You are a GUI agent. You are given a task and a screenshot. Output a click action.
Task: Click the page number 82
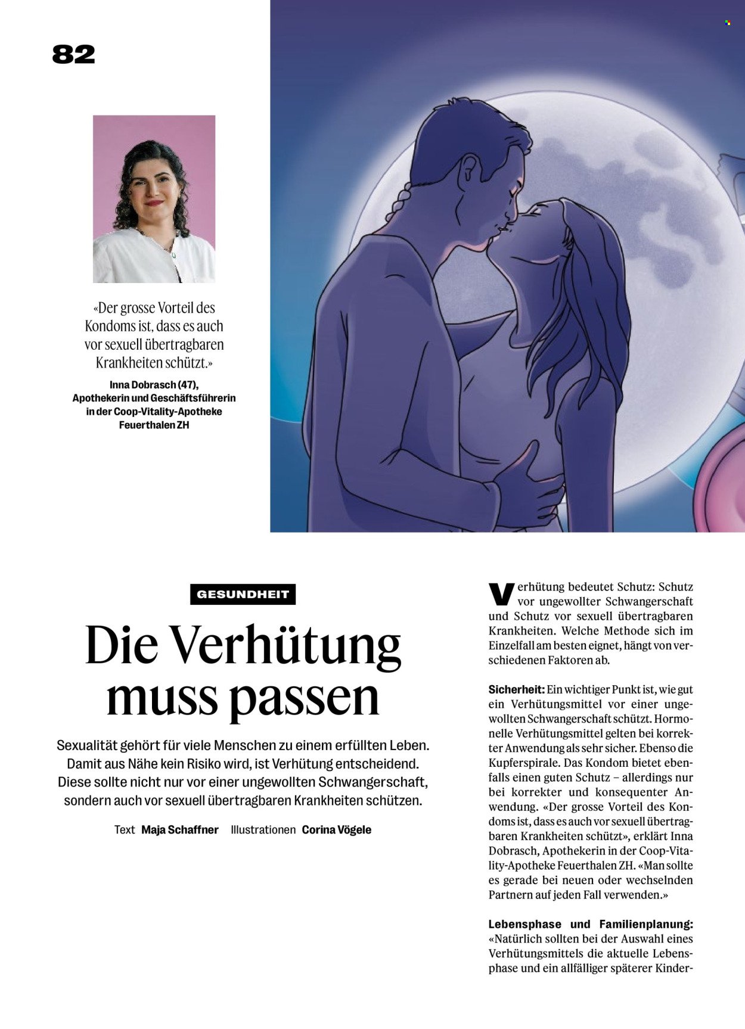73,55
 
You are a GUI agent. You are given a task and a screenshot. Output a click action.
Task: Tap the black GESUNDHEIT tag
243,595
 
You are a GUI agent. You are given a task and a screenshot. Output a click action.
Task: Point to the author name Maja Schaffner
179,829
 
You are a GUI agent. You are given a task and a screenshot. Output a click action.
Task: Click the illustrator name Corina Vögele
336,829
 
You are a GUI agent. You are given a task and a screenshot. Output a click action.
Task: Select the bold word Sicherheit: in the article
516,689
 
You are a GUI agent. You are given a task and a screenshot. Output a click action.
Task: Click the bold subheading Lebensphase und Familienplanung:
591,924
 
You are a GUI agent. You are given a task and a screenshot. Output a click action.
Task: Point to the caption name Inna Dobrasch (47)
154,385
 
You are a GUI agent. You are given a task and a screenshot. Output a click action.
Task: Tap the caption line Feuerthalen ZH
154,425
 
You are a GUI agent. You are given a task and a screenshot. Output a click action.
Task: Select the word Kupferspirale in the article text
524,763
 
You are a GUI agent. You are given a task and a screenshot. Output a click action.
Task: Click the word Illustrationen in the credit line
263,829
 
